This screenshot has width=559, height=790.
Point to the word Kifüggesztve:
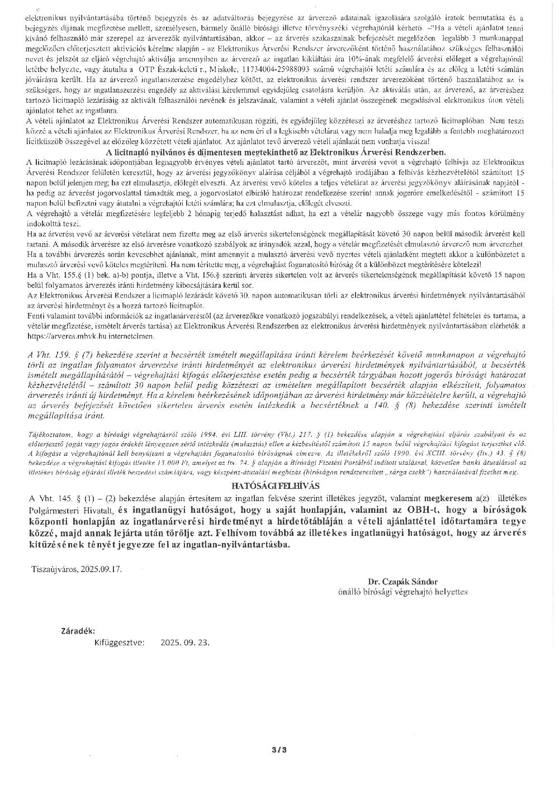click(120, 642)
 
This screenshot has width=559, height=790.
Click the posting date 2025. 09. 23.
click(184, 642)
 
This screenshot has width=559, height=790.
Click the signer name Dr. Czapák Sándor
click(402, 581)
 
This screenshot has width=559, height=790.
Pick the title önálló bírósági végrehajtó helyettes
click(402, 591)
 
